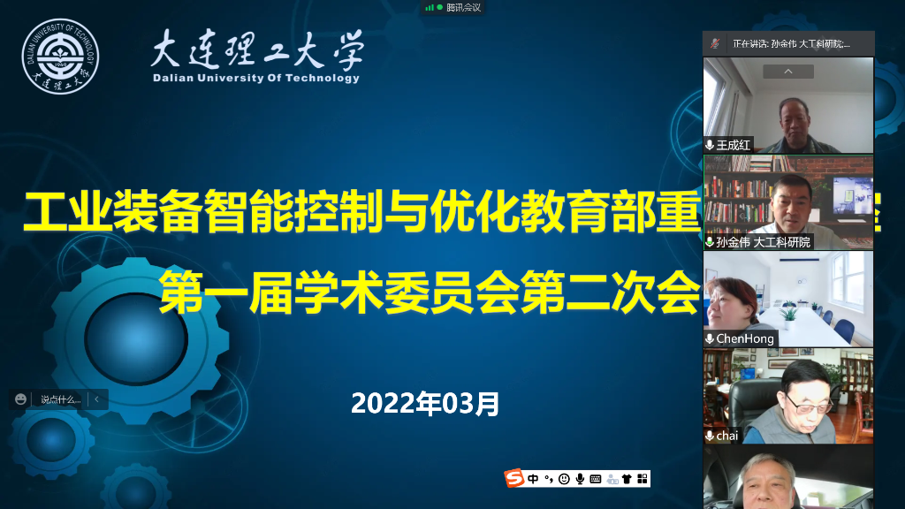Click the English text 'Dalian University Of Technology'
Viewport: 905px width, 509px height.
coord(256,78)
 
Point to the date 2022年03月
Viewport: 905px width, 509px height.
coord(425,404)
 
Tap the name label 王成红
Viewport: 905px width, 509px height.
coord(733,145)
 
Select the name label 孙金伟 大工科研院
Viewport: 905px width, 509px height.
coord(763,241)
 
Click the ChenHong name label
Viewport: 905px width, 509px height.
coord(744,338)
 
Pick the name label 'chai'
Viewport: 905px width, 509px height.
coord(726,436)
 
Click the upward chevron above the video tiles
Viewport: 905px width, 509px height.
coord(787,72)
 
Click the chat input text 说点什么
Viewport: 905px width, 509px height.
coord(60,399)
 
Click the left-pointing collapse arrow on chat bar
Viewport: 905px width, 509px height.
coord(96,399)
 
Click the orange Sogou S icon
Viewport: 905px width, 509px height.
coord(514,479)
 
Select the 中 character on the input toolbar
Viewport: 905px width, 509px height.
coord(533,479)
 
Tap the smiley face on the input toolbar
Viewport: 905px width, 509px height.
coord(564,479)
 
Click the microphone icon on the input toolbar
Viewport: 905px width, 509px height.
coord(580,479)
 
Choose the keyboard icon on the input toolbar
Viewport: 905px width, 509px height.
coord(596,479)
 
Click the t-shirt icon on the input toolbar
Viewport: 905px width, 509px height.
coord(627,479)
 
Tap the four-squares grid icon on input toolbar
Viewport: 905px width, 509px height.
coord(643,479)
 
